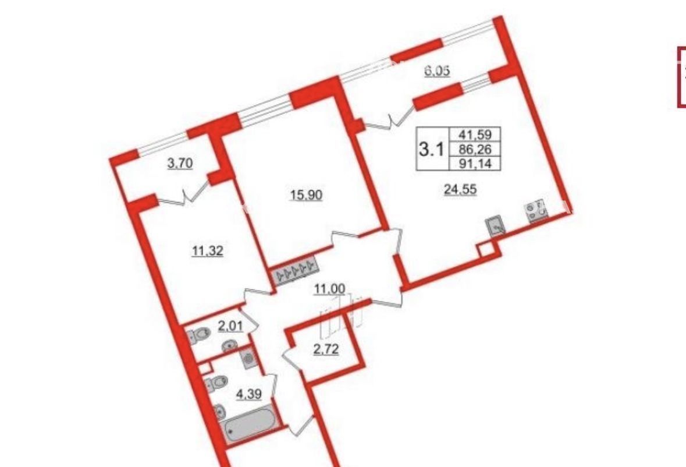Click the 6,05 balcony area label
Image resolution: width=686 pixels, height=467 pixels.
pos(438,71)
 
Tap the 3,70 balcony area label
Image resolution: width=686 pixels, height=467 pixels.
pos(180,164)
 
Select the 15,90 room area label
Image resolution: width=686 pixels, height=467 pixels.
pos(306,194)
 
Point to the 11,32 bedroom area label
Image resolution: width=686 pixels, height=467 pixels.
pos(208,251)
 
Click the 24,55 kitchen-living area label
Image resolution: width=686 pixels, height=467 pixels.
pos(460,189)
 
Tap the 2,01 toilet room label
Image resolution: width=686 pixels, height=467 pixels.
pos(230,327)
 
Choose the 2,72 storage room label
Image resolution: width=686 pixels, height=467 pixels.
pos(326,350)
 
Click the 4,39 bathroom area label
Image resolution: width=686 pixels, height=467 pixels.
pos(248,394)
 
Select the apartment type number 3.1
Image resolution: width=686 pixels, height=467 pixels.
pos(431,149)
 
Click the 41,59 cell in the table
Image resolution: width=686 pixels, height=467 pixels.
pos(475,134)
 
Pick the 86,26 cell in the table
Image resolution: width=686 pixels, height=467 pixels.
pos(475,149)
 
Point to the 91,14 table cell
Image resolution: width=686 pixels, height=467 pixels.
pos(475,164)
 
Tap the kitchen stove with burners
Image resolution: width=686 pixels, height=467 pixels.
pos(536,210)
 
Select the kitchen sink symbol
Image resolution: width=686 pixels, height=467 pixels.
pos(496,226)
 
